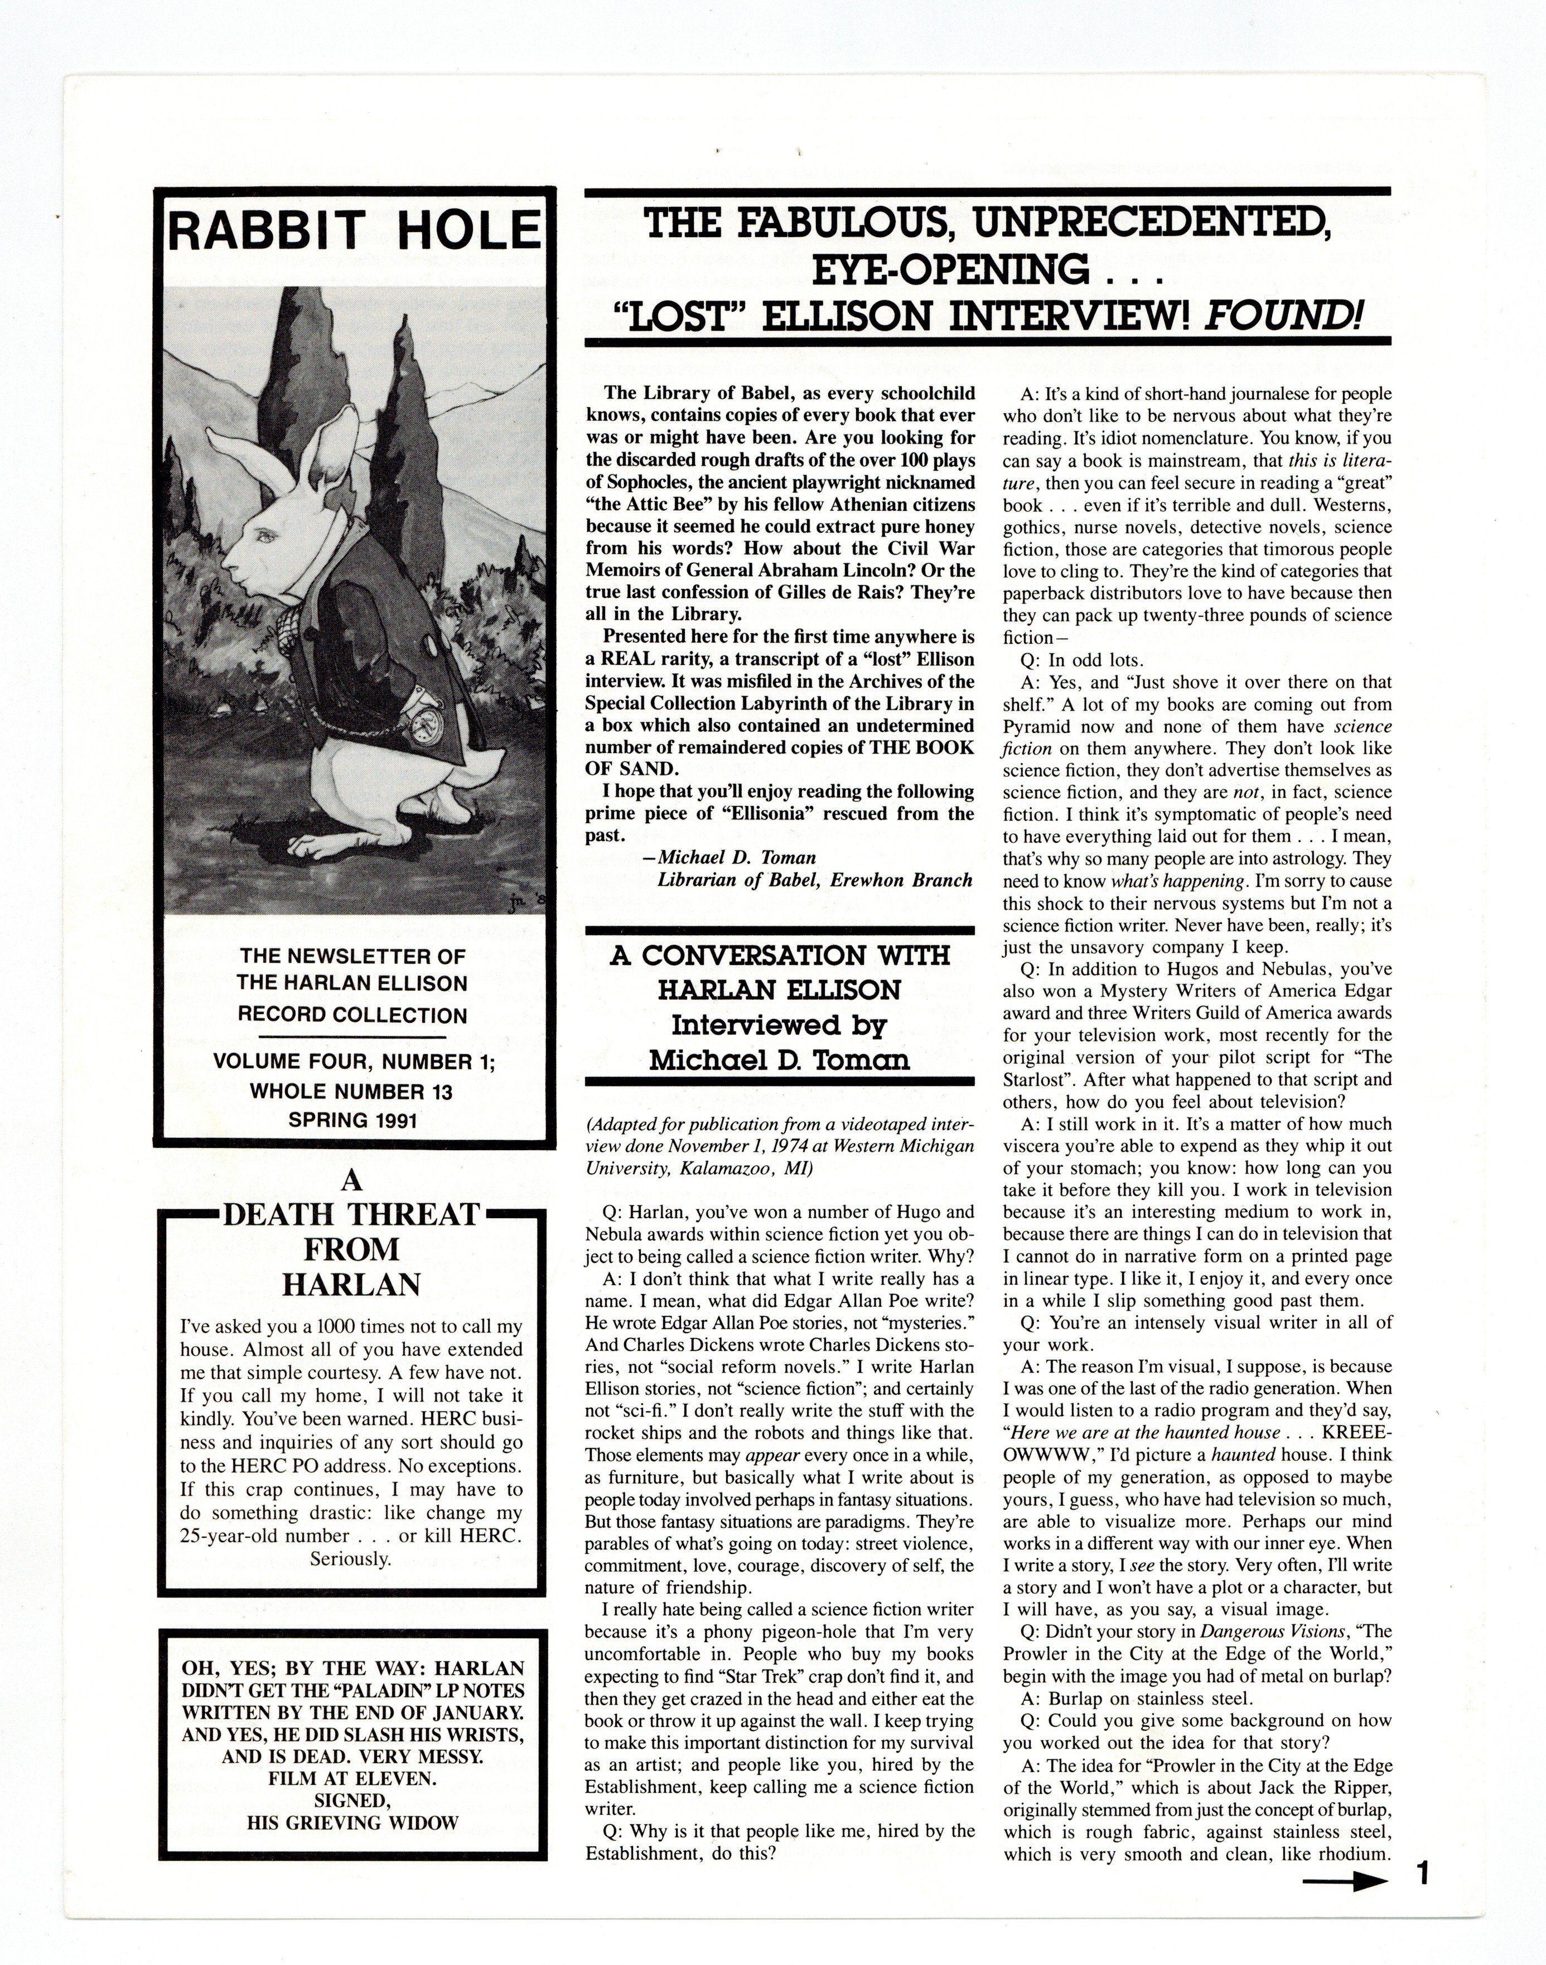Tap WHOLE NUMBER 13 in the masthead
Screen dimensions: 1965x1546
click(351, 1092)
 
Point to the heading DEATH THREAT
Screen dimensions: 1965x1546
click(351, 1215)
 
